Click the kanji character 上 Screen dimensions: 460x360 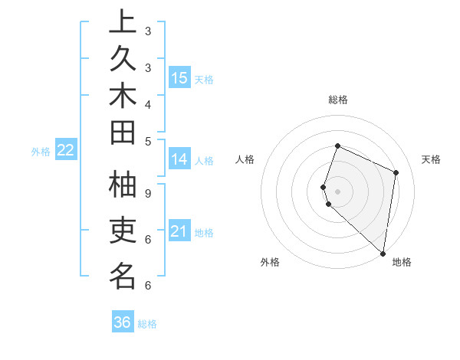coord(123,23)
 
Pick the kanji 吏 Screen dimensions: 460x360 coord(123,231)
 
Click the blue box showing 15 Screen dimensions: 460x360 coord(179,77)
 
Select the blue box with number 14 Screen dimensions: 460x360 coord(179,159)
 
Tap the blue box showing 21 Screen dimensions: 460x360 coord(179,231)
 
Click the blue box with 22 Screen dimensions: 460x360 coord(65,150)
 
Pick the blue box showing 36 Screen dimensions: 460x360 coord(122,322)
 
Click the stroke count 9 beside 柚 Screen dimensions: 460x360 coord(148,193)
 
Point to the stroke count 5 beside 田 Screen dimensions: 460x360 coord(148,141)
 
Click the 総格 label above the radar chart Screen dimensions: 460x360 coord(337,100)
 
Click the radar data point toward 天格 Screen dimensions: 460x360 coord(396,172)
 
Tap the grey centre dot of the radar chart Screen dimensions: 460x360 coord(337,191)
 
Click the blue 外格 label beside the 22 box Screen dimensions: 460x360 coord(41,152)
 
